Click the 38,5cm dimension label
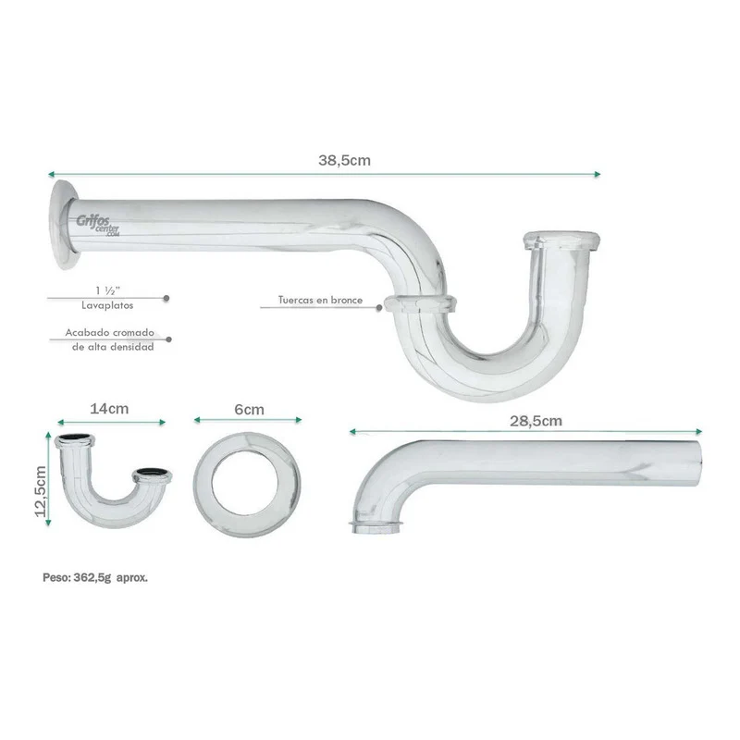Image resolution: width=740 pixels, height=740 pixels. pyautogui.click(x=344, y=160)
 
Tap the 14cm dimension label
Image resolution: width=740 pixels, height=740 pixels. pyautogui.click(x=109, y=409)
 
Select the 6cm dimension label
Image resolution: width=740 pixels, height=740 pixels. pyautogui.click(x=249, y=410)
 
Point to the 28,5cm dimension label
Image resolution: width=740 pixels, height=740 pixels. pyautogui.click(x=536, y=421)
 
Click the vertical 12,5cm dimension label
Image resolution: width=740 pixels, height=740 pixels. pyautogui.click(x=41, y=491)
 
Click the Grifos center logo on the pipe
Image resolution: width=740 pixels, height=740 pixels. pyautogui.click(x=98, y=225)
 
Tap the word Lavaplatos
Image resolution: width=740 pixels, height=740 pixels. pyautogui.click(x=107, y=305)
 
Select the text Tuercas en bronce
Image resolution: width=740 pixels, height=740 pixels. pyautogui.click(x=320, y=300)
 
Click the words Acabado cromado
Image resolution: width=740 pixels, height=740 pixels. pyautogui.click(x=109, y=333)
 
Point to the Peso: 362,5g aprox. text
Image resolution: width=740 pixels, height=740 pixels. pyautogui.click(x=95, y=577)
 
